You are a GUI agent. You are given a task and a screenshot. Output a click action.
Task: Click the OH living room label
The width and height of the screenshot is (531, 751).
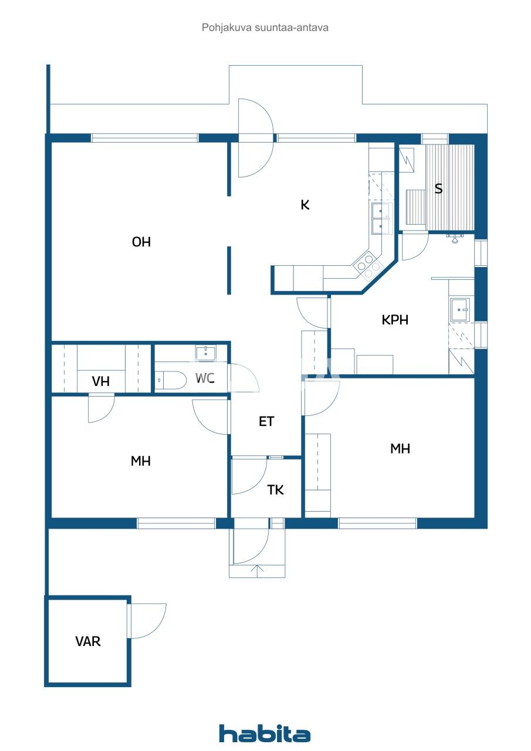[141, 242]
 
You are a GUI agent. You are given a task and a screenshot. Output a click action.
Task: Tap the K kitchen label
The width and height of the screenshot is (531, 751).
[305, 205]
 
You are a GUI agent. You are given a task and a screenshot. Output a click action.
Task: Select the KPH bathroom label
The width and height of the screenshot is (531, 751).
[395, 320]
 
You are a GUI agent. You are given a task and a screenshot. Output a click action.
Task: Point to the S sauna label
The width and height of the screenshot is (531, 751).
[438, 189]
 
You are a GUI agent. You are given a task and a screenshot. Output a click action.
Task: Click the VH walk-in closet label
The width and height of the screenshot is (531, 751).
[101, 381]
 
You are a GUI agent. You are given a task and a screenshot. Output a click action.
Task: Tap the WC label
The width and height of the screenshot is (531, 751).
[204, 378]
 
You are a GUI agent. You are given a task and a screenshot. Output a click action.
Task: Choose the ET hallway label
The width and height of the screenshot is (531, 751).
[266, 421]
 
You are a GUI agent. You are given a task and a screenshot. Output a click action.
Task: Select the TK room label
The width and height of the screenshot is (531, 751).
[276, 490]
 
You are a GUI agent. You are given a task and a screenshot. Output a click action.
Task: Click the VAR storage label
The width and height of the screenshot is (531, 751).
[88, 641]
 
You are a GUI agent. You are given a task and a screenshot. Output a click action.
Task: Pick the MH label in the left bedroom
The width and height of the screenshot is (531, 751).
[141, 461]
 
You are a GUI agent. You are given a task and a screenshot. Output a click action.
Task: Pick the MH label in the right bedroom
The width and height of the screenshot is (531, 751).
[400, 449]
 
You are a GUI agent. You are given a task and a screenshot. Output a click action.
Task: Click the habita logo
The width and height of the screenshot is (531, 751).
[265, 733]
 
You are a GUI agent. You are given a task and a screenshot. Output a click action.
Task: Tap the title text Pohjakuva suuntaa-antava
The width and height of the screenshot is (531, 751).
[265, 27]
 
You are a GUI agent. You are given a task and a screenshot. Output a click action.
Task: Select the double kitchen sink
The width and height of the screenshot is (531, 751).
[381, 217]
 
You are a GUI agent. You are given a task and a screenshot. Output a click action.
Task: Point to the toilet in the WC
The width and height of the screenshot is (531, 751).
[170, 381]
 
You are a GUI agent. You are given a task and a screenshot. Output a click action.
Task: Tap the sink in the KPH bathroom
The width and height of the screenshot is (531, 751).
[459, 309]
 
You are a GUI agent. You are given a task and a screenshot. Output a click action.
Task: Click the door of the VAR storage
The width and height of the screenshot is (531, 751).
[147, 621]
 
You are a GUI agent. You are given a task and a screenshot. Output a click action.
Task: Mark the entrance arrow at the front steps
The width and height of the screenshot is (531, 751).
[256, 569]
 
